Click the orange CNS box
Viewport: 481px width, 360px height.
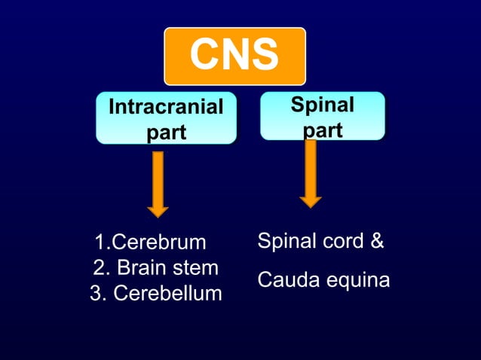click(x=234, y=56)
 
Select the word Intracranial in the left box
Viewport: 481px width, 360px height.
click(x=166, y=107)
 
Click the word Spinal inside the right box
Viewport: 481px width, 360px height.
click(x=323, y=105)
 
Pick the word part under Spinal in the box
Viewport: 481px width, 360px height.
click(x=323, y=130)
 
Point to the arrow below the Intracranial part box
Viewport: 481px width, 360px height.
click(x=158, y=184)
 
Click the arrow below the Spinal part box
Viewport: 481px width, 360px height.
click(x=311, y=174)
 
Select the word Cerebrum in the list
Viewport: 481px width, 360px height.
click(x=158, y=243)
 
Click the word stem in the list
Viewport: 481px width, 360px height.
click(x=198, y=268)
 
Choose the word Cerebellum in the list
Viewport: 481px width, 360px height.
click(x=167, y=294)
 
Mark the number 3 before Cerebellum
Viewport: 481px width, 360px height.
click(x=96, y=294)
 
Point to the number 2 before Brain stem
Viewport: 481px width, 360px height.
click(x=99, y=268)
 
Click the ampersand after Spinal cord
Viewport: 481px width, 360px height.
click(x=378, y=242)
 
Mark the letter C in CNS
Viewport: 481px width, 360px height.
click(x=204, y=55)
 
